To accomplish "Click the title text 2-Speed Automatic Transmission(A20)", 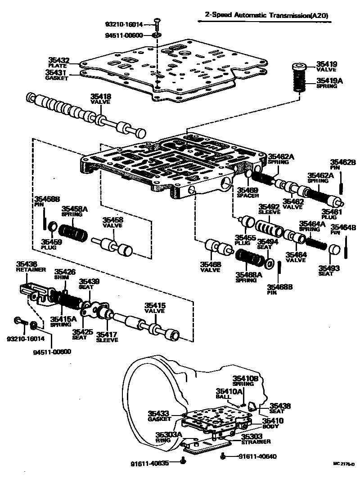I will [x=266, y=15].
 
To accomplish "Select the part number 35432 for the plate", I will [x=58, y=60].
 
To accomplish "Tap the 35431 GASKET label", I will [x=57, y=74].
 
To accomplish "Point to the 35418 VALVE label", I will [x=102, y=99].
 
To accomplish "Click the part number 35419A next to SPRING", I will [x=329, y=80].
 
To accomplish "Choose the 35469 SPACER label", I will [x=248, y=192].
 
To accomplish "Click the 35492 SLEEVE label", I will [x=269, y=210].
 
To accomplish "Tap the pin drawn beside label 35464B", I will [x=346, y=247].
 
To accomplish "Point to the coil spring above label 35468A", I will [x=250, y=258].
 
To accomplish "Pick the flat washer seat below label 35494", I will [x=270, y=263].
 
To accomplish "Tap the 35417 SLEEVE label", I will [x=108, y=337].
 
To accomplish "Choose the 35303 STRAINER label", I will [x=254, y=439].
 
